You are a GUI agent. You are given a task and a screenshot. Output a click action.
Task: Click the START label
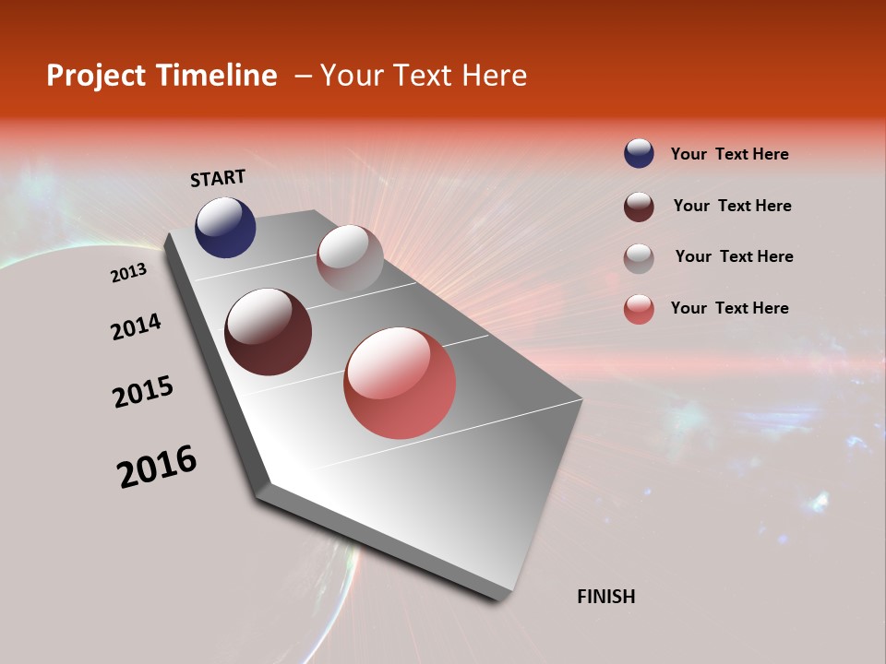(x=218, y=178)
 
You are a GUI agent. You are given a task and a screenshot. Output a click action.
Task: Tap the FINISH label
(x=605, y=597)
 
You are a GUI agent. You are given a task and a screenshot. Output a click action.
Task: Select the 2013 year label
(x=128, y=273)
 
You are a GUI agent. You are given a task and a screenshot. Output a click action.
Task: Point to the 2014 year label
(x=136, y=326)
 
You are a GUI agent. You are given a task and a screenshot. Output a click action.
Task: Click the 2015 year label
(x=143, y=392)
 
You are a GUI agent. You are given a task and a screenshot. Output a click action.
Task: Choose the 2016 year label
(x=157, y=467)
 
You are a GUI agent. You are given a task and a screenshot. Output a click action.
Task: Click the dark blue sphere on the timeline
(x=225, y=227)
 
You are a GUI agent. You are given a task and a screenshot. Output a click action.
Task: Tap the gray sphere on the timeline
(x=350, y=258)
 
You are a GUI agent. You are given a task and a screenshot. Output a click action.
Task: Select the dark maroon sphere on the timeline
(x=268, y=332)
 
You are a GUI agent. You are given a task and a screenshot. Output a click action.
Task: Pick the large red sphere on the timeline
(x=400, y=383)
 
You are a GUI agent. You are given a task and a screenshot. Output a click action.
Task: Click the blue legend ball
(x=639, y=154)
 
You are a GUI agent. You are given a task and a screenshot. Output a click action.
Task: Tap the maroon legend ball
(x=639, y=207)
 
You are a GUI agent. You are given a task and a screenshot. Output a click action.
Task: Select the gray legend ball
(x=639, y=257)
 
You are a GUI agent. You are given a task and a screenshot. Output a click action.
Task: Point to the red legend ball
(x=639, y=309)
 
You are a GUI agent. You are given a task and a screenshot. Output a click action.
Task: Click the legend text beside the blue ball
(x=729, y=154)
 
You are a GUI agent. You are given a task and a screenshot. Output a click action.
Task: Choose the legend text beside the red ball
(x=729, y=308)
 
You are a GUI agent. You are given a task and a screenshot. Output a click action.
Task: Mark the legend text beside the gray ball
(x=734, y=256)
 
